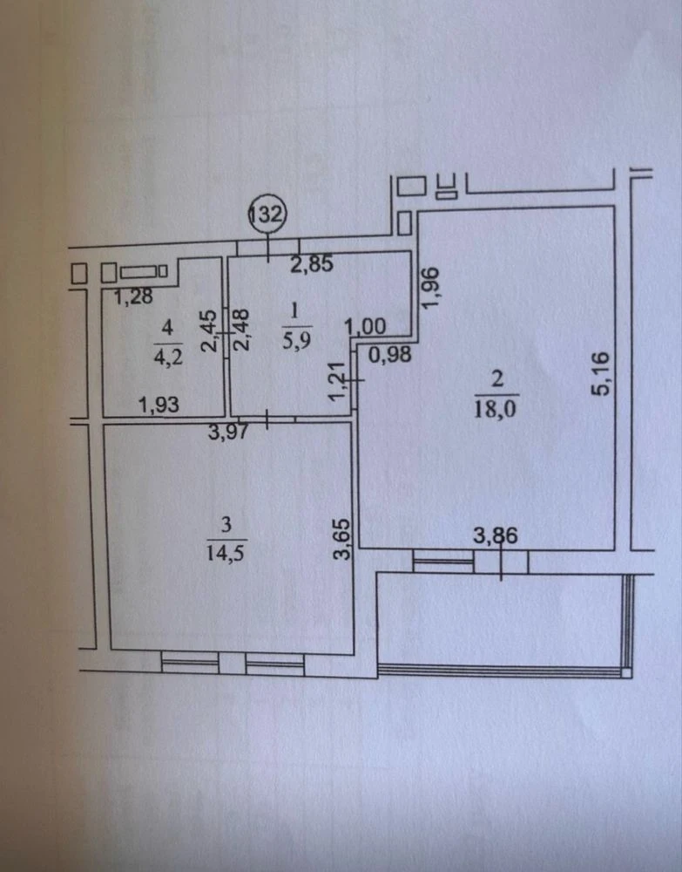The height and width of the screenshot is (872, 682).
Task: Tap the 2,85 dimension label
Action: (312, 263)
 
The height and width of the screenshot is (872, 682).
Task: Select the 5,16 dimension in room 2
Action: (601, 373)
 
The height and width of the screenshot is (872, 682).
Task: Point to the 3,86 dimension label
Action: (495, 535)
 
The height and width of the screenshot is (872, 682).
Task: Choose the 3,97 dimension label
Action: (228, 431)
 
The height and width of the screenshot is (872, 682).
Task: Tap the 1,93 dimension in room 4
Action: (159, 405)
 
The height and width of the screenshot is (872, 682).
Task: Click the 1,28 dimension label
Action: (133, 296)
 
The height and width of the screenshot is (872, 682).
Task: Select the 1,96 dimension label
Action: (430, 287)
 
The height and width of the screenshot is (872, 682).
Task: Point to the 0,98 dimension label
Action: (390, 354)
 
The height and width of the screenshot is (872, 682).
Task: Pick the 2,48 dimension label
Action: (241, 330)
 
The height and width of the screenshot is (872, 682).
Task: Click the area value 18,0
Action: (495, 409)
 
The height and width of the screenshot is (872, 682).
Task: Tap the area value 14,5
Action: (225, 554)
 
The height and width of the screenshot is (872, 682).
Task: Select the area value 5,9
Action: (296, 340)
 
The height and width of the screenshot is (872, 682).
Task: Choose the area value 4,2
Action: (168, 357)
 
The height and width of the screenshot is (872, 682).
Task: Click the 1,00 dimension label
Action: (366, 326)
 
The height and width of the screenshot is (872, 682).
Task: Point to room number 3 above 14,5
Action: (226, 524)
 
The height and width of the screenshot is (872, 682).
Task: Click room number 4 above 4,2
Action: (167, 328)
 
